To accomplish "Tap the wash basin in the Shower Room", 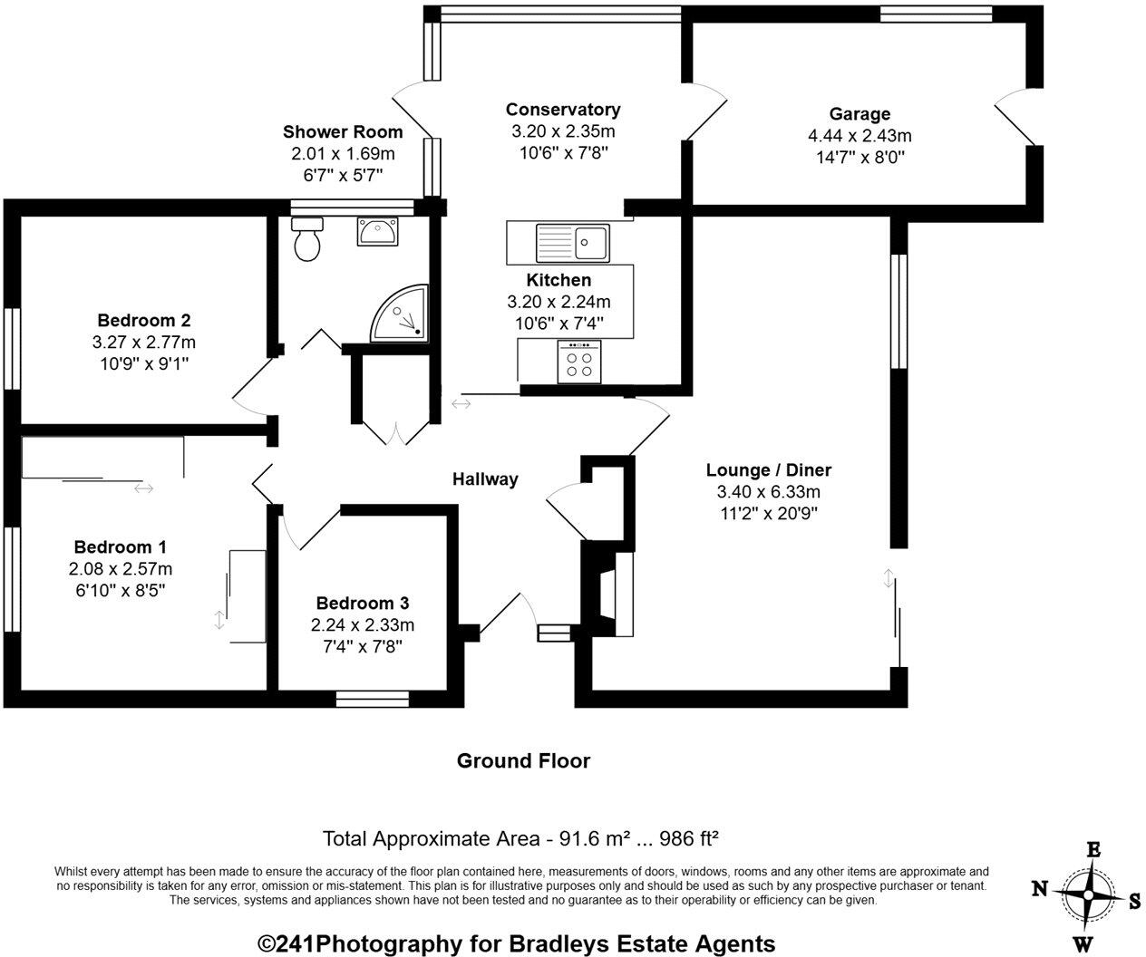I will click(x=376, y=232).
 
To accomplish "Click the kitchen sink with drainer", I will click(x=573, y=241).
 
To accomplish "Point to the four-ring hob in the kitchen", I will click(x=579, y=362).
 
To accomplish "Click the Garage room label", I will click(x=859, y=114).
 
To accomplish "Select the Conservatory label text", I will click(x=563, y=110).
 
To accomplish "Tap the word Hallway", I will click(x=485, y=479).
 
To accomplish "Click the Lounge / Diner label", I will click(x=768, y=469).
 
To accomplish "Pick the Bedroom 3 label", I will click(x=362, y=603).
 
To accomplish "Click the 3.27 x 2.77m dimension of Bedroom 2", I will click(x=143, y=342).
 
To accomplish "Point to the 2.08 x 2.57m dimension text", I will click(x=120, y=568).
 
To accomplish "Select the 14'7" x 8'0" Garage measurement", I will click(x=859, y=157).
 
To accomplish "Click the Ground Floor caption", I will click(x=523, y=761).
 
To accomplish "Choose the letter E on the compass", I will click(x=1093, y=850).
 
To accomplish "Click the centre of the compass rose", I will click(x=1087, y=894).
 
